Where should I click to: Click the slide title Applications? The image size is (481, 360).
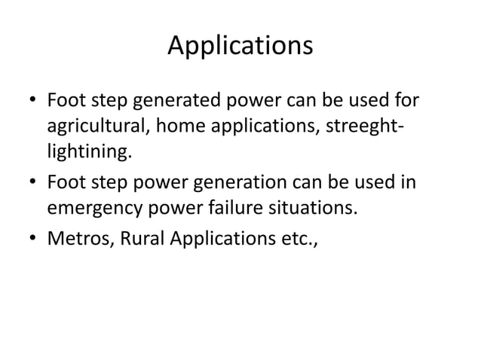point(240,46)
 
